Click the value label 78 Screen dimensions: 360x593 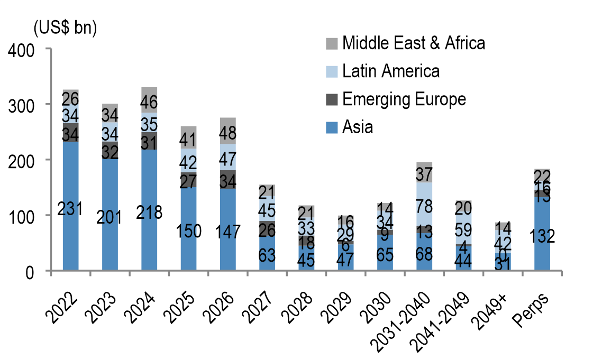tap(424, 204)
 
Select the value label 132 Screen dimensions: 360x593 tap(542, 236)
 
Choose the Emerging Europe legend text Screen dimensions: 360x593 tap(404, 99)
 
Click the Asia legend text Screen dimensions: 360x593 tap(358, 127)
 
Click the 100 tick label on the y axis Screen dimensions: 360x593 tap(20, 216)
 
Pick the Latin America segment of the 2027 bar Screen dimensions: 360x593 tap(267, 210)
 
